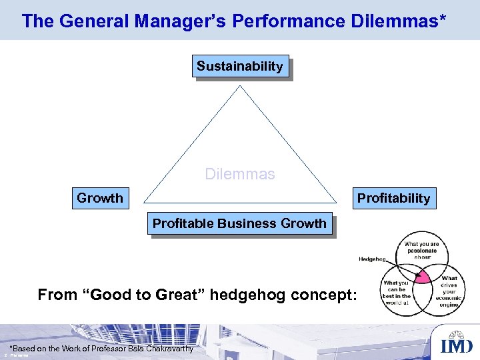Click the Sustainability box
tap(240, 66)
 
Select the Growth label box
tap(100, 198)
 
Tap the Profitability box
tap(393, 198)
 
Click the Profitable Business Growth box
tap(240, 224)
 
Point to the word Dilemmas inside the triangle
tap(239, 175)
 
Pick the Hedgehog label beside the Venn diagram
tap(372, 259)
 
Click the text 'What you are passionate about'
tap(421, 250)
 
